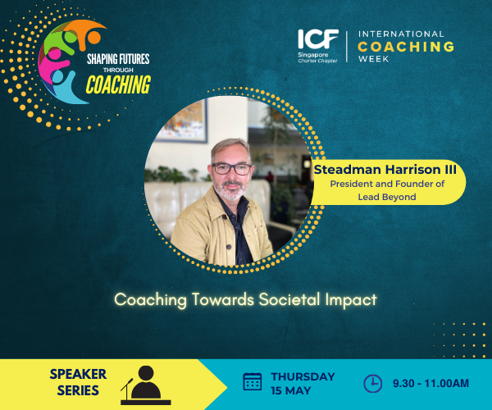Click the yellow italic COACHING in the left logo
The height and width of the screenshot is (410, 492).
pos(118,84)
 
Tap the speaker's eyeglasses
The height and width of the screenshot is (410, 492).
pos(232,168)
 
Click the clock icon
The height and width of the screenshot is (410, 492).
pos(372,382)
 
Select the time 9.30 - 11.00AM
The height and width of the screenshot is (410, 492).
pos(430,383)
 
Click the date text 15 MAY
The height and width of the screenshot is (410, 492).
pos(292,389)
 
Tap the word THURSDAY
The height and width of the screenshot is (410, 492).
pos(303,376)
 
